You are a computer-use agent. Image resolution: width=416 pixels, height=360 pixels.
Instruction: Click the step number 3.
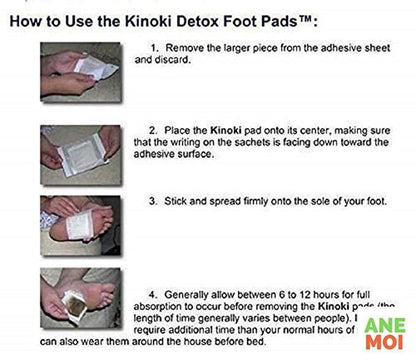pyautogui.click(x=153, y=200)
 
